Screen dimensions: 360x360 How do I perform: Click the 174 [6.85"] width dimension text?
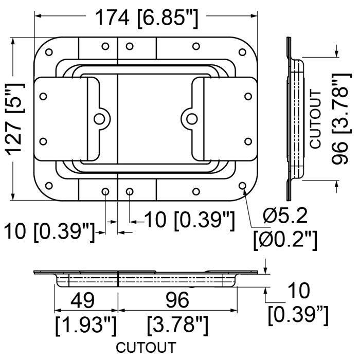[x=146, y=19]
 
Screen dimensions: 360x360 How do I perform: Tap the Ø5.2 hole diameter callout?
[x=285, y=217]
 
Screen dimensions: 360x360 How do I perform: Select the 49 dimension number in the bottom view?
[x=82, y=300]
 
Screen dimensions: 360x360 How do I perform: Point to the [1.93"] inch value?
[x=86, y=326]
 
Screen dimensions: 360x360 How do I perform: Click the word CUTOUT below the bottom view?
[x=146, y=347]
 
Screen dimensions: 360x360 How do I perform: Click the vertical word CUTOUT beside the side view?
[x=315, y=119]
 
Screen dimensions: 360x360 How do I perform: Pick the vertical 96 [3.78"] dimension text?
[x=341, y=119]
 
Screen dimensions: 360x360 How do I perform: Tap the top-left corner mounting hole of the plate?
[x=49, y=52]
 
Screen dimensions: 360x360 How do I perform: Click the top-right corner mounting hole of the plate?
[x=242, y=52]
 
